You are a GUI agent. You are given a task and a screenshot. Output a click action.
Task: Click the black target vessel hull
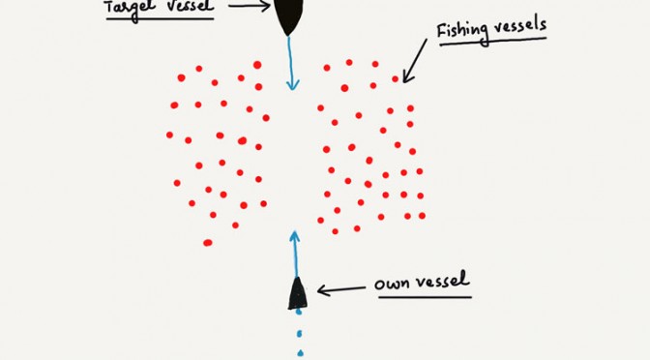289,15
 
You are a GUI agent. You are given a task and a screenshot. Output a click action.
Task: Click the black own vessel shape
298,293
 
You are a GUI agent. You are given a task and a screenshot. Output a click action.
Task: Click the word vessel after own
443,281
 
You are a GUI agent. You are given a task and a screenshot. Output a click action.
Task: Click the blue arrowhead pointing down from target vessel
293,84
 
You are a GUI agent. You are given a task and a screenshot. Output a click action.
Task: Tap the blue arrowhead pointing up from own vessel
294,236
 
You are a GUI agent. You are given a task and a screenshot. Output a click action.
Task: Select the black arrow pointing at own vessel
341,289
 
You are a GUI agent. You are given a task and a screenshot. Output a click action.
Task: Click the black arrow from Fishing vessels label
415,61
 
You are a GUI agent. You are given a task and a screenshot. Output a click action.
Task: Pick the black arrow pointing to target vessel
250,6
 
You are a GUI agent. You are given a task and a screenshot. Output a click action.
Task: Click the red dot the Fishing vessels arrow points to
395,78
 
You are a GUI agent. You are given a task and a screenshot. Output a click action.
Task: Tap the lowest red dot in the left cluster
208,243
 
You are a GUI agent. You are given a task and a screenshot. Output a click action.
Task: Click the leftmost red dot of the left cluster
169,135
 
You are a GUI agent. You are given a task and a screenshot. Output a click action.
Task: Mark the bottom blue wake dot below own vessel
300,353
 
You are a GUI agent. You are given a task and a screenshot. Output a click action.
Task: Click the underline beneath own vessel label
425,297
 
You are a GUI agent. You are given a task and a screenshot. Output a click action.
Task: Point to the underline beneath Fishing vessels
493,41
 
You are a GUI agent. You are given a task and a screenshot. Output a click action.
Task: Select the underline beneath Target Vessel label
160,18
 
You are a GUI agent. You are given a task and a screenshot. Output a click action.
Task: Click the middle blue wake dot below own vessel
299,333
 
